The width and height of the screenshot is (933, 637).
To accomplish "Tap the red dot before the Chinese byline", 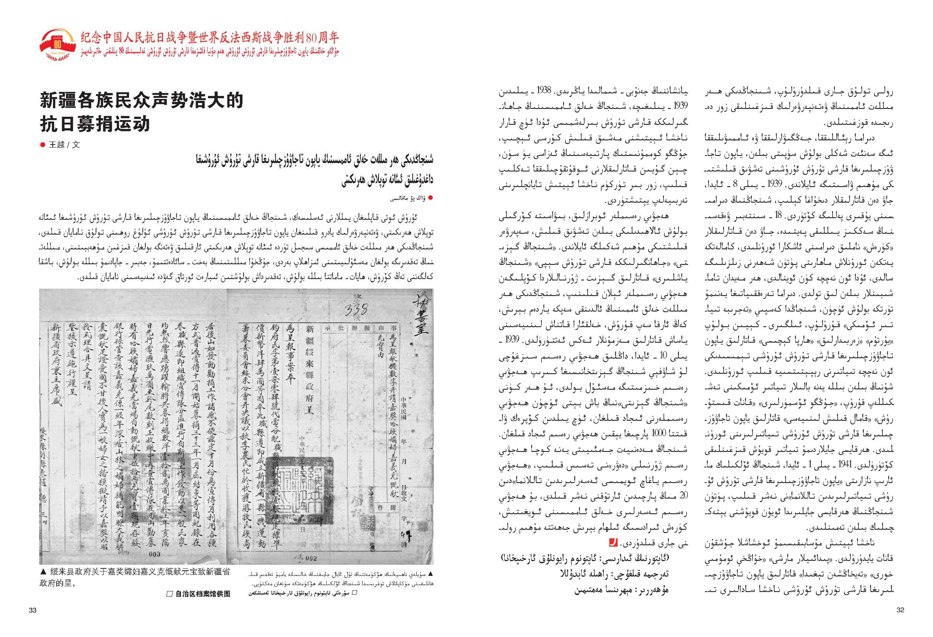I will point(43,145).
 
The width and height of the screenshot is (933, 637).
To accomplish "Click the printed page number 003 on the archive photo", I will point(154,554).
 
